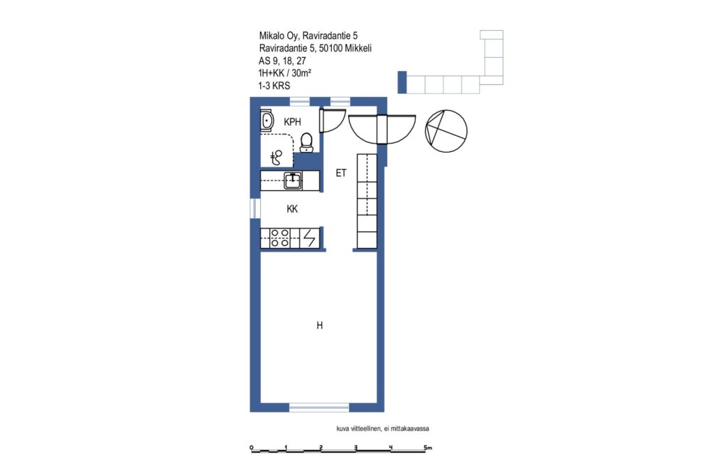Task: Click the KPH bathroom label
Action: coord(292,122)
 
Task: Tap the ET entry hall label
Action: coord(341,173)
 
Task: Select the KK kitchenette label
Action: coord(292,209)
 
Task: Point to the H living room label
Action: coord(319,325)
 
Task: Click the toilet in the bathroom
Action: coord(307,143)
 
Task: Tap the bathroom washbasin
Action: coord(267,121)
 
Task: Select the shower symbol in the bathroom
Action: coord(276,158)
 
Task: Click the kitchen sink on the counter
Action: coord(293,181)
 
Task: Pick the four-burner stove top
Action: coord(280,238)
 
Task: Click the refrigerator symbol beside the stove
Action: coord(310,238)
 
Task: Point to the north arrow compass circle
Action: coord(446,131)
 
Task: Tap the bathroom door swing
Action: coord(333,120)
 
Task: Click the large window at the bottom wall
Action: coord(319,407)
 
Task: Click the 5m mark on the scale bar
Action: coord(427,448)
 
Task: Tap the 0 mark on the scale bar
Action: coord(251,448)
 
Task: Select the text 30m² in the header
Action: coord(301,72)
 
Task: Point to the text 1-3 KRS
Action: coord(274,86)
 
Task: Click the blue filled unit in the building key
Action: coord(402,82)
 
